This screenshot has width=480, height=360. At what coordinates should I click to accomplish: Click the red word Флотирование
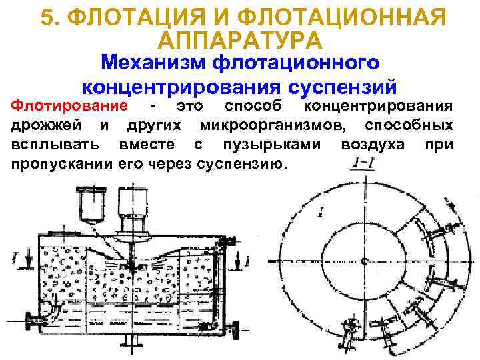coord(71,107)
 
